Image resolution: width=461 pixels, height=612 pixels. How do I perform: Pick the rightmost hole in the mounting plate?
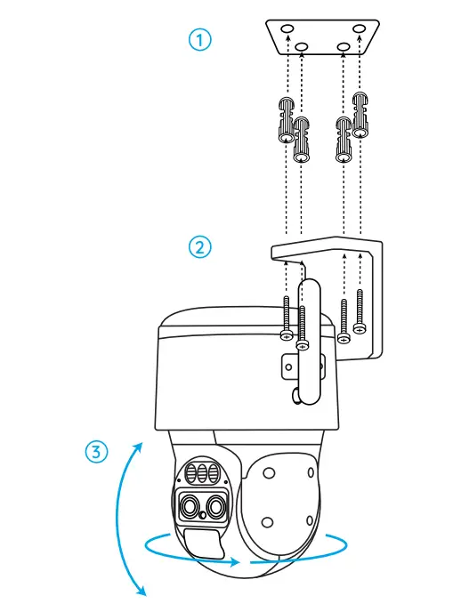pyautogui.click(x=359, y=30)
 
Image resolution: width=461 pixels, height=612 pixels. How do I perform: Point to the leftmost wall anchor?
pyautogui.click(x=286, y=120)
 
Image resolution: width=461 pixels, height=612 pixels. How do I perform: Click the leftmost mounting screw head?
pyautogui.click(x=286, y=334)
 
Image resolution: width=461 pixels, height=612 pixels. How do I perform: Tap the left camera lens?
pyautogui.click(x=190, y=507)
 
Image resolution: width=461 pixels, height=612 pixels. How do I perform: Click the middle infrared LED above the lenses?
pyautogui.click(x=201, y=471)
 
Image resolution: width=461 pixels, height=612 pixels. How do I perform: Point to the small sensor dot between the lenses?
pyautogui.click(x=204, y=515)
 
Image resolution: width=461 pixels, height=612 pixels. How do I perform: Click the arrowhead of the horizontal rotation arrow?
pyautogui.click(x=235, y=562)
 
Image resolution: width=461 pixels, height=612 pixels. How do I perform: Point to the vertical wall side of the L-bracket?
pyautogui.click(x=370, y=302)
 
